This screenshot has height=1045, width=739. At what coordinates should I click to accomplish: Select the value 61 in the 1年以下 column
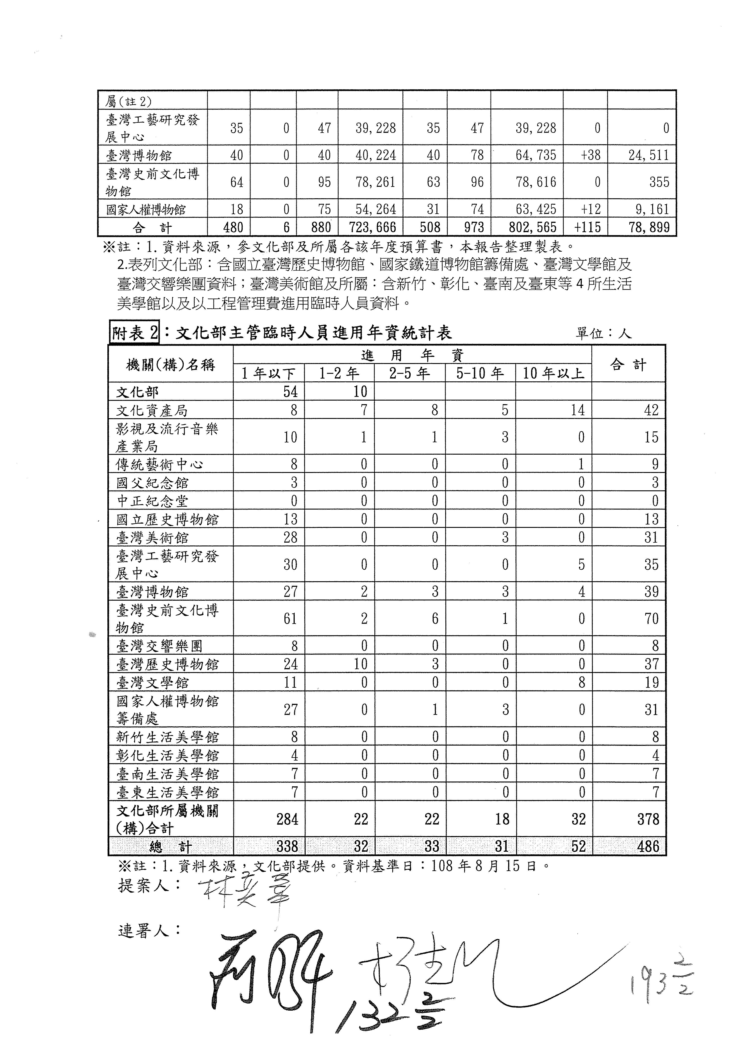(290, 619)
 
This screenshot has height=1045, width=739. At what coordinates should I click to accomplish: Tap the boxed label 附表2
(135, 334)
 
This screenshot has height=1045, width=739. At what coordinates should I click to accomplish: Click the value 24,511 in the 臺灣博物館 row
(648, 155)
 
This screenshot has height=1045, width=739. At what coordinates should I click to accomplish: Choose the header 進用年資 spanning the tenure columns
(412, 355)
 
